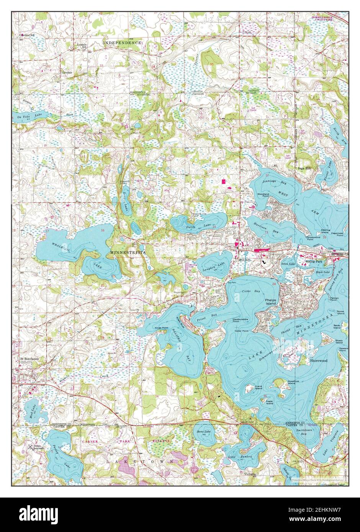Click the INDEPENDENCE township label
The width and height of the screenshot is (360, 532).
tap(122, 43)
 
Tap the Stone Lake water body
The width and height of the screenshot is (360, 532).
tap(204, 433)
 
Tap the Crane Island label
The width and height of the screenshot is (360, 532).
tap(259, 388)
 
